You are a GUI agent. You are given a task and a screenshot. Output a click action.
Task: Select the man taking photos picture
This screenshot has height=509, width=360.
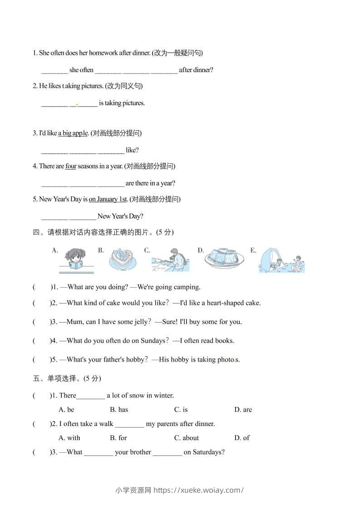pyautogui.click(x=171, y=260)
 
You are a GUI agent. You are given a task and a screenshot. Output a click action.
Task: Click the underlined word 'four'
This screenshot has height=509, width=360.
pyautogui.click(x=71, y=166)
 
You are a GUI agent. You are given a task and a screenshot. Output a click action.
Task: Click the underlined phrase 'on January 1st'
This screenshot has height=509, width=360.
pyautogui.click(x=108, y=199)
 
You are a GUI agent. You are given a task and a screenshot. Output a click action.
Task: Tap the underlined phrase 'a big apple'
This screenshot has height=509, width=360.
pyautogui.click(x=73, y=133)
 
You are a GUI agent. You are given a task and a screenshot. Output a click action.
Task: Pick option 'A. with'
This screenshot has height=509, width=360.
pyautogui.click(x=69, y=438)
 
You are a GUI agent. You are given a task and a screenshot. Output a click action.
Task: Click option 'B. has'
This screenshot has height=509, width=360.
pyautogui.click(x=119, y=410)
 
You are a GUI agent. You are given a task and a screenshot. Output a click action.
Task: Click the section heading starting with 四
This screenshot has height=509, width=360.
pyautogui.click(x=104, y=232)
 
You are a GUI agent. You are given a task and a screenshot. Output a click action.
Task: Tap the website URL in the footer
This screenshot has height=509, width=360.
pyautogui.click(x=199, y=490)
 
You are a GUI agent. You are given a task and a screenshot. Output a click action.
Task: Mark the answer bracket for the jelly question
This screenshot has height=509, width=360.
pyautogui.click(x=41, y=322)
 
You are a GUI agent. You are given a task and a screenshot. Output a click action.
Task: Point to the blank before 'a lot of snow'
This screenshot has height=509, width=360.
pyautogui.click(x=91, y=396)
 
